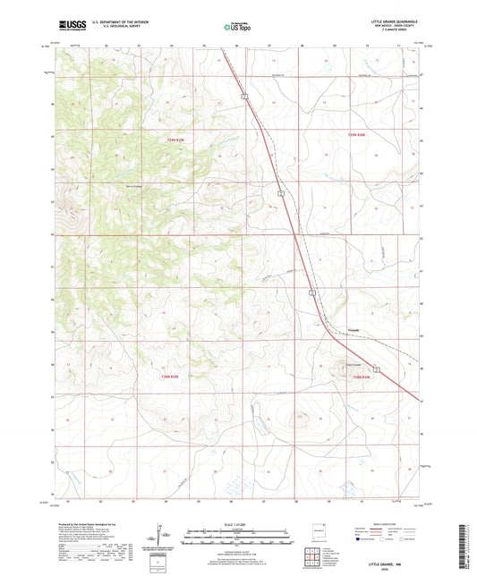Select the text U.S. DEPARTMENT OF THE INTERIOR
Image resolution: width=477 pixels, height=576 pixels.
click(x=124, y=21)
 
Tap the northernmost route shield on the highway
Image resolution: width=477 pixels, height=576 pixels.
click(x=243, y=91)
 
